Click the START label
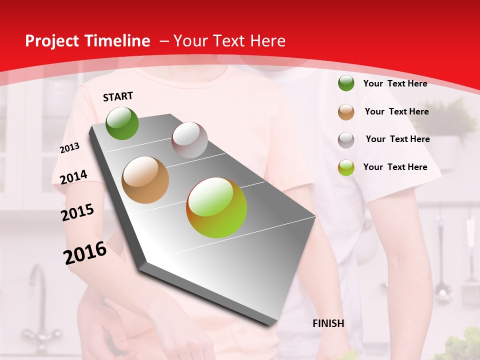118,96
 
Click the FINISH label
328,323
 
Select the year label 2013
69,148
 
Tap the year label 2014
73,177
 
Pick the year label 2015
77,212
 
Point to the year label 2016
85,253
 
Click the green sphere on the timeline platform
122,123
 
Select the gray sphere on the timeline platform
189,140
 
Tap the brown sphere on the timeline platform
145,180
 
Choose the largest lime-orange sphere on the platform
216,207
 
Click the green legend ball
346,83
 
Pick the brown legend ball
346,112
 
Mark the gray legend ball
346,140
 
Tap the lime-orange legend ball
346,167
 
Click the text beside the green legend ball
395,83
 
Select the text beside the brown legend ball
396,111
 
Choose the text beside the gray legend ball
397,139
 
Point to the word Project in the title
50,41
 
